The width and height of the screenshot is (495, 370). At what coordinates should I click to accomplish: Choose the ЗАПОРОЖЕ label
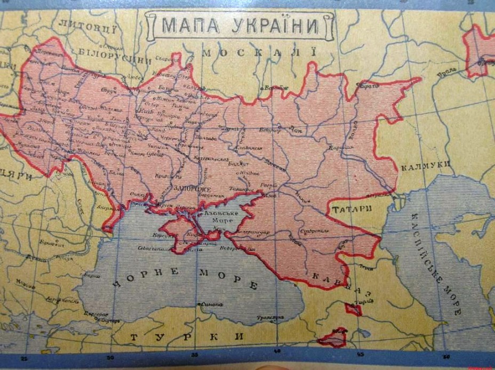pyautogui.click(x=192, y=189)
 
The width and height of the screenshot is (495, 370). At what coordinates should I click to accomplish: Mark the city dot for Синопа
pyautogui.click(x=198, y=304)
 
